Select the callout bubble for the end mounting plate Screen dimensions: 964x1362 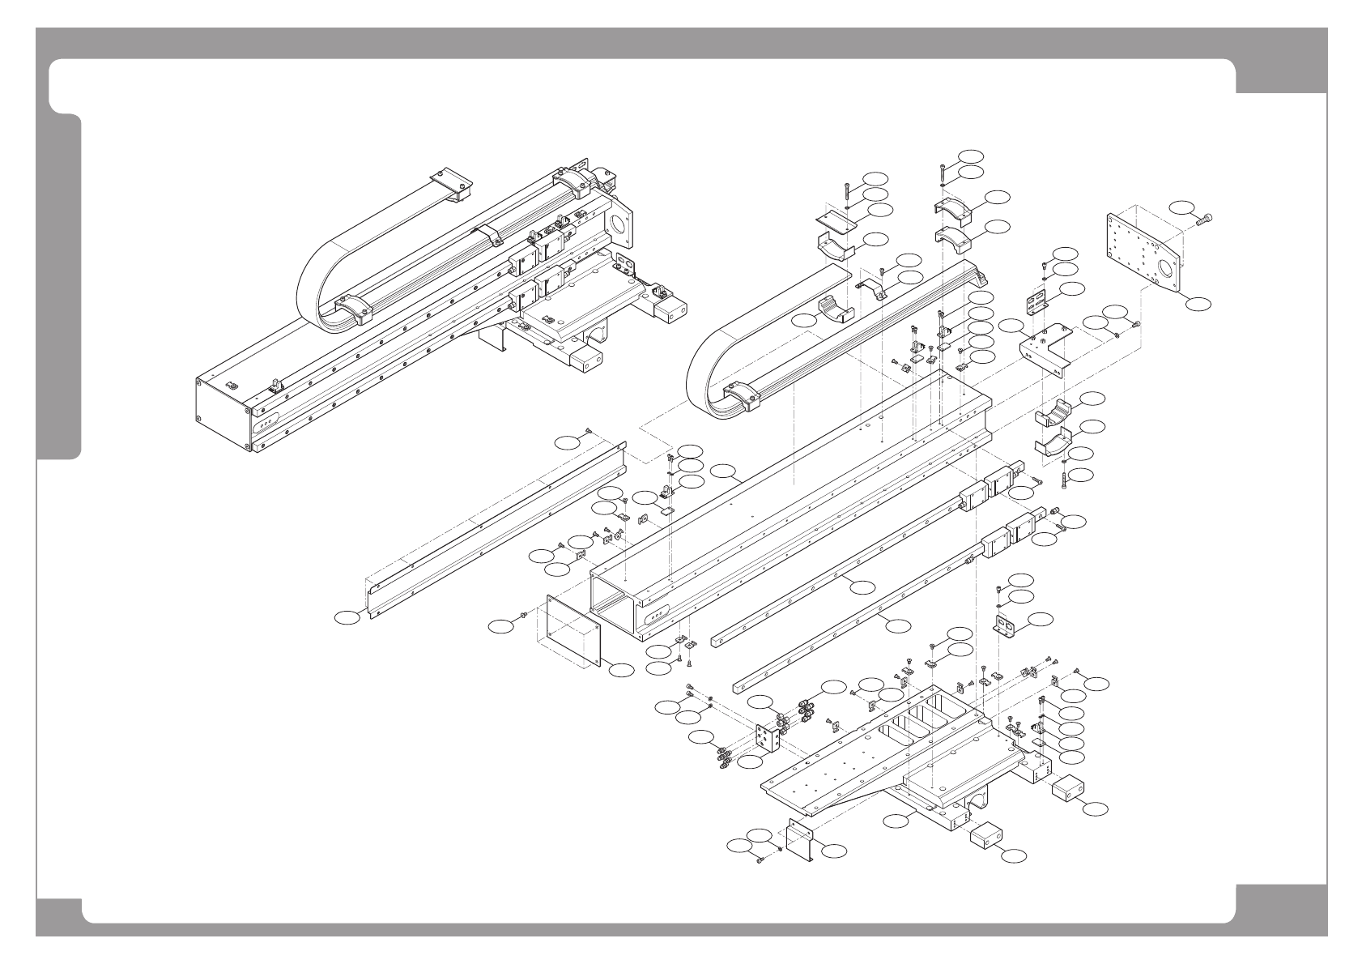(1200, 302)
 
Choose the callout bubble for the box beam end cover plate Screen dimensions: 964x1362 (621, 670)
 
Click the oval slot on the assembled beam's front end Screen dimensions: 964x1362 (266, 421)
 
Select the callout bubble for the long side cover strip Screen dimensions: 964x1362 (347, 618)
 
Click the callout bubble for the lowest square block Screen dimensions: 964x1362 (1013, 854)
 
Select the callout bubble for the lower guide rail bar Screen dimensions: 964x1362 (896, 625)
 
